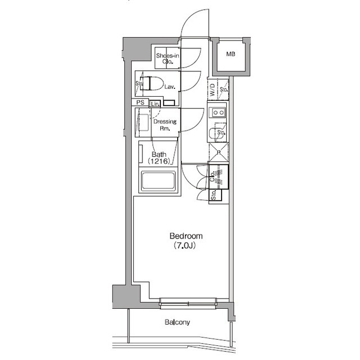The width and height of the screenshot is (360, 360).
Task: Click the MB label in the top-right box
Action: [x=231, y=55]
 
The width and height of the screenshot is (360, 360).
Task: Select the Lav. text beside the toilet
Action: [x=170, y=87]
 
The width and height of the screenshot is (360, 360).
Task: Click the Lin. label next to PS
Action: [x=155, y=104]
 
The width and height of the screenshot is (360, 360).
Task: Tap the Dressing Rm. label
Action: [x=165, y=124]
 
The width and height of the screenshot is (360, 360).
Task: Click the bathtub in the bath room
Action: [x=158, y=182]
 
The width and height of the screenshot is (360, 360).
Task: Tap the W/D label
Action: [x=212, y=89]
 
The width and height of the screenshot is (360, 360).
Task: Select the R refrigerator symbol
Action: [x=218, y=151]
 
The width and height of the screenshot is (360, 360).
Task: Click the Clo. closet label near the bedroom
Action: [x=212, y=176]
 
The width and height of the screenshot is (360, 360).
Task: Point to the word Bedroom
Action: [x=186, y=236]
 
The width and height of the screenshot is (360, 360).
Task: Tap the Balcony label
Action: [x=177, y=322]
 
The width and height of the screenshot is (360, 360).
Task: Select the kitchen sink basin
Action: [x=216, y=133]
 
